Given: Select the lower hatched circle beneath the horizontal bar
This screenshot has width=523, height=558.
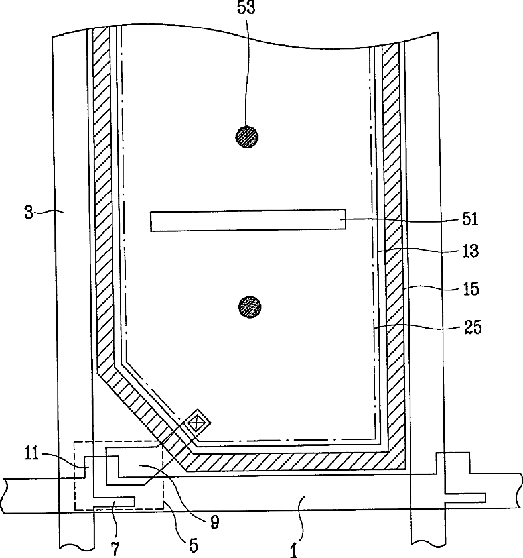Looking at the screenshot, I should [250, 306].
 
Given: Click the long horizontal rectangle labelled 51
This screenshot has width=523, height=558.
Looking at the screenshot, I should [248, 221].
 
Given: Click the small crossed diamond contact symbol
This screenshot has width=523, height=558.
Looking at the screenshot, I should [197, 423].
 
